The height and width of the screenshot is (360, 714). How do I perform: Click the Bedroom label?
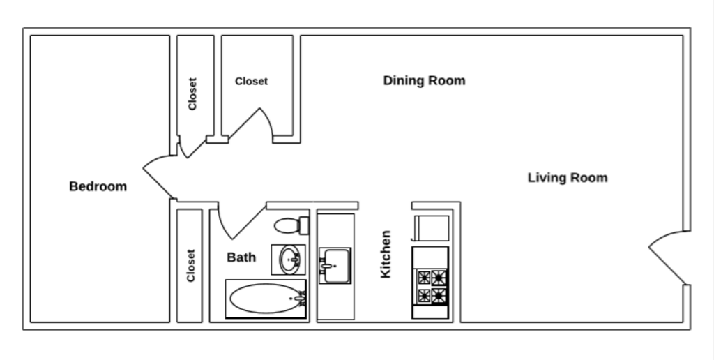tap(98, 186)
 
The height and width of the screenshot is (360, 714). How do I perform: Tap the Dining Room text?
tap(424, 80)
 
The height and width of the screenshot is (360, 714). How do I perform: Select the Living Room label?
tap(567, 177)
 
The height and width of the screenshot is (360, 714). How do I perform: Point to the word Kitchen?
tap(386, 255)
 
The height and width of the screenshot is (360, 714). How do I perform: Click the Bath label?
tap(241, 257)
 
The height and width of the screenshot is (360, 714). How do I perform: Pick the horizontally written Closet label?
tap(251, 81)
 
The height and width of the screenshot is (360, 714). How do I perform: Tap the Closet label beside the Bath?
tap(190, 265)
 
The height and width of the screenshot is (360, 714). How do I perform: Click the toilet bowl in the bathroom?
tap(286, 225)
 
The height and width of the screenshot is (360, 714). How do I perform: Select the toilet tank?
tap(303, 225)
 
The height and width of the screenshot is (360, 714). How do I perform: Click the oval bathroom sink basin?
tap(289, 260)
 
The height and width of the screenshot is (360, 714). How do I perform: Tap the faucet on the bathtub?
tap(301, 299)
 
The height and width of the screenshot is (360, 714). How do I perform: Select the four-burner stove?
tap(430, 287)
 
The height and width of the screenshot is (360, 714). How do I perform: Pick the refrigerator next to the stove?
tap(432, 228)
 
